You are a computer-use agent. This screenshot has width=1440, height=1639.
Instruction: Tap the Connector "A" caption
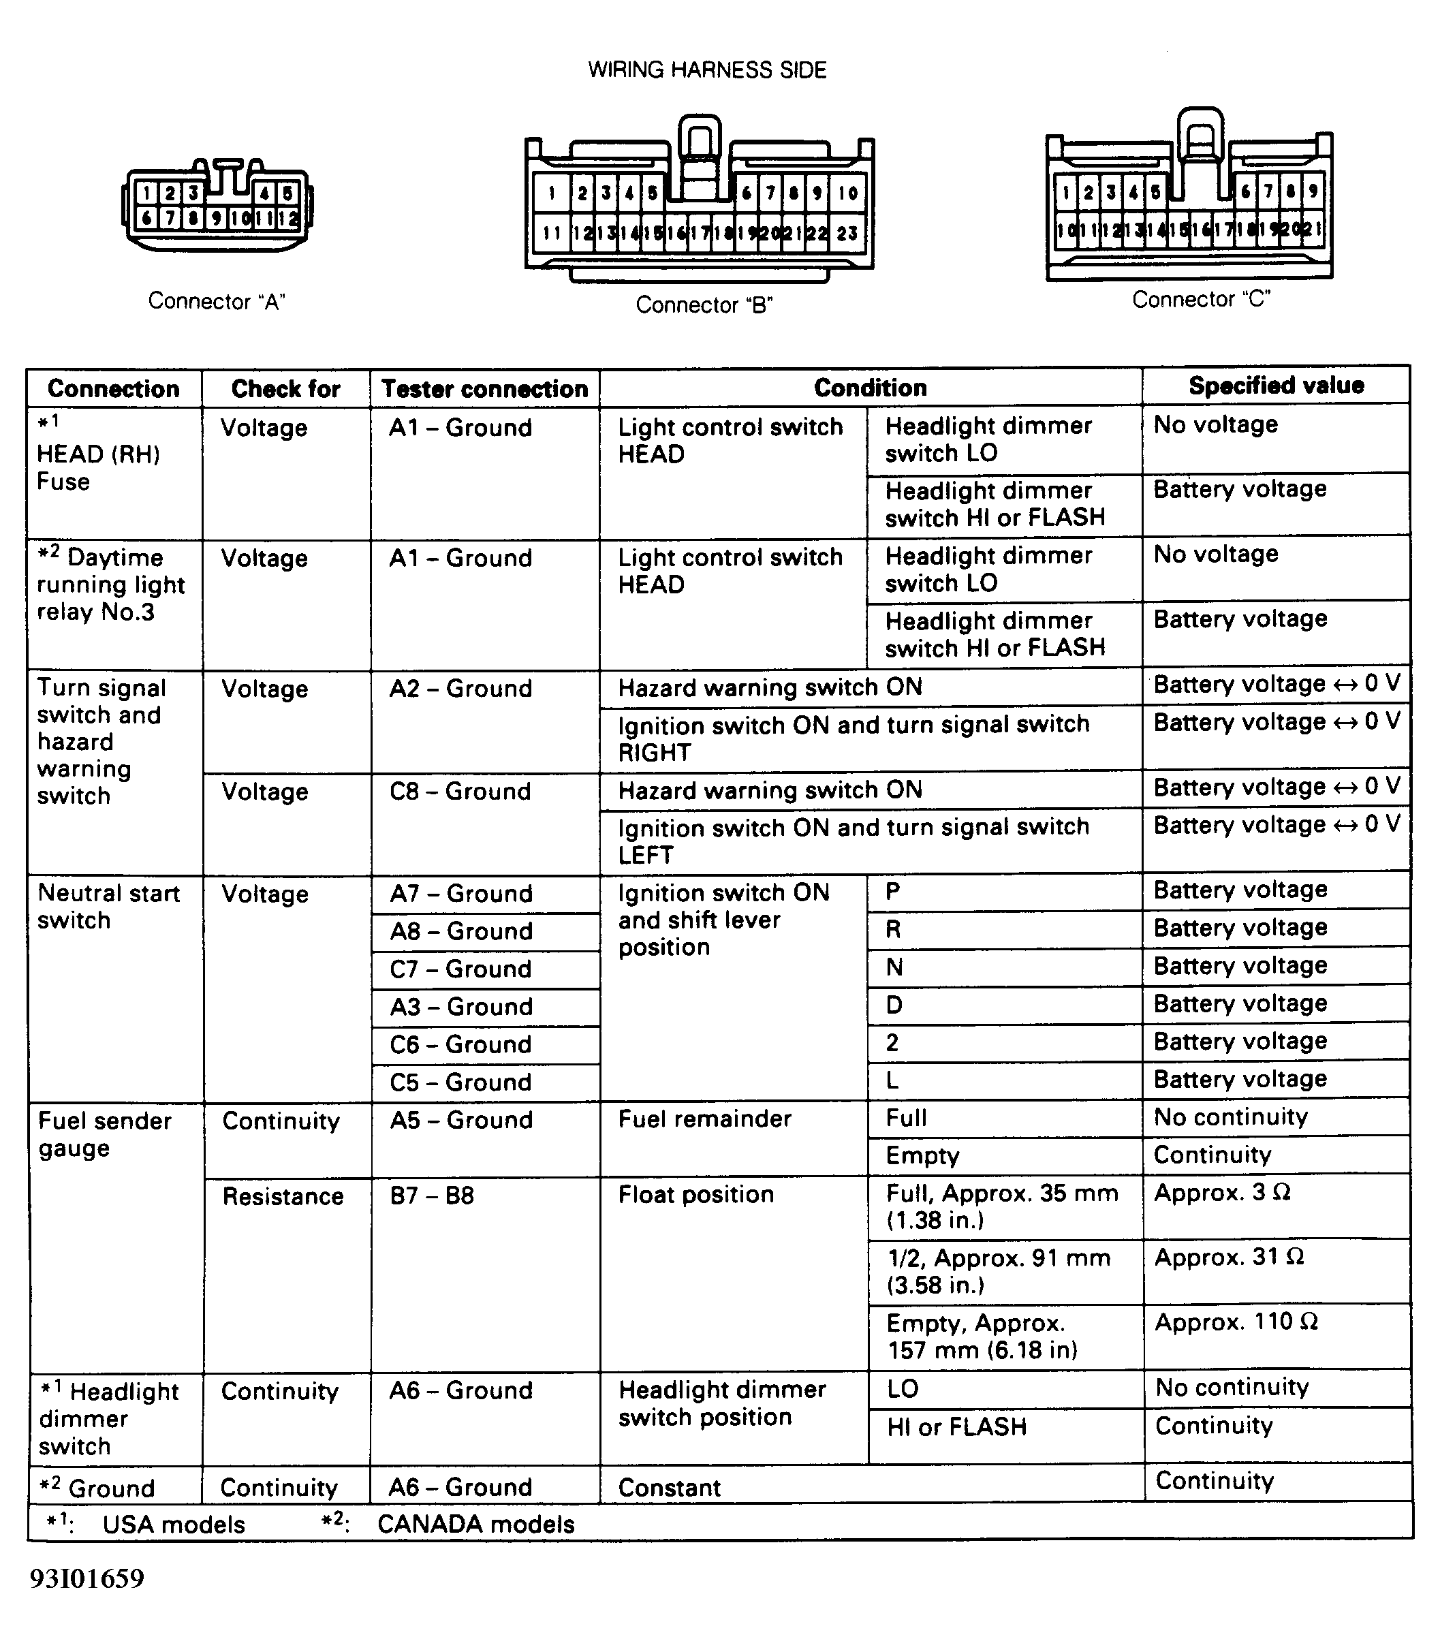[x=217, y=302]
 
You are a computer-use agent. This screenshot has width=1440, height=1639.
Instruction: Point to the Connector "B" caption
[x=703, y=305]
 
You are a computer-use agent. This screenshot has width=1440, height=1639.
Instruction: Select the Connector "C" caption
[x=1200, y=299]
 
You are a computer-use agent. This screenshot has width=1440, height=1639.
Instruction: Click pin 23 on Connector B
[x=847, y=234]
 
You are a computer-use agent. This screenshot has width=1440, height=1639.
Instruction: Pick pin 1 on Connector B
[x=552, y=193]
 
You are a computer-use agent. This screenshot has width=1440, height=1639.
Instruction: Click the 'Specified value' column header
[x=1276, y=386]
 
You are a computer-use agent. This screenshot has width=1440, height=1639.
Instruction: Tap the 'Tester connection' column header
[x=484, y=389]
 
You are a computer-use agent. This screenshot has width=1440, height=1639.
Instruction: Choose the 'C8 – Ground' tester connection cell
[x=460, y=792]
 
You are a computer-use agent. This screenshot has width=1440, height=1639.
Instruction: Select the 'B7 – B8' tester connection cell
[x=432, y=1196]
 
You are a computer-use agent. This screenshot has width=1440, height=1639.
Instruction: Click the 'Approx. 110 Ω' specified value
[x=1236, y=1322]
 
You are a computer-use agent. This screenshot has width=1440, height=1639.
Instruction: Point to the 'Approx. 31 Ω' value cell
[x=1228, y=1257]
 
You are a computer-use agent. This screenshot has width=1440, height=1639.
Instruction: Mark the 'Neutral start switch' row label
[x=109, y=907]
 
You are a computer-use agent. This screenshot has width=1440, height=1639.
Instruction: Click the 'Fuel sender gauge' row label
[x=104, y=1134]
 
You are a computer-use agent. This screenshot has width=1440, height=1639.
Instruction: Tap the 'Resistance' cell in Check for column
[x=283, y=1196]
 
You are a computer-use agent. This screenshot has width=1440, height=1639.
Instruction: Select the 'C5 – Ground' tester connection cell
[x=461, y=1082]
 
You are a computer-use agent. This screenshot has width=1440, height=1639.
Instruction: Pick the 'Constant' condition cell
[x=670, y=1488]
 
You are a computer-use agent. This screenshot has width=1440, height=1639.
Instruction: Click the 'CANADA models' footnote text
[x=475, y=1525]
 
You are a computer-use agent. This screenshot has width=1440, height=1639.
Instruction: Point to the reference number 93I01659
[x=87, y=1579]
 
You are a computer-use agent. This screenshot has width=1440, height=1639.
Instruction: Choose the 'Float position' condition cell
[x=696, y=1195]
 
